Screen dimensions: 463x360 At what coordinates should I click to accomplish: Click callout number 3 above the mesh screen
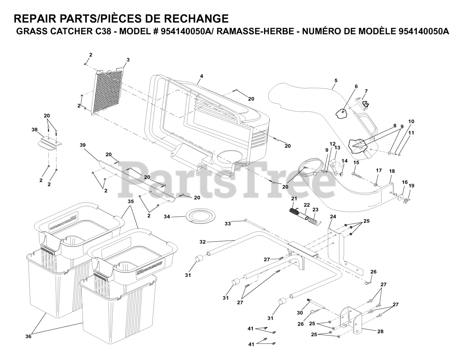tap(128, 60)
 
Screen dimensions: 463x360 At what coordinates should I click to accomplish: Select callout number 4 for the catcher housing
tap(201, 76)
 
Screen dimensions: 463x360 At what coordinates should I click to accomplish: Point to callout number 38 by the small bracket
tap(34, 129)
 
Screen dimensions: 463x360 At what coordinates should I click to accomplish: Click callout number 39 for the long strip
tap(83, 145)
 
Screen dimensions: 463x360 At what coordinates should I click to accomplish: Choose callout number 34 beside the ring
tap(166, 217)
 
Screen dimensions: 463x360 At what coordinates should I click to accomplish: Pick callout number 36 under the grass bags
tap(28, 336)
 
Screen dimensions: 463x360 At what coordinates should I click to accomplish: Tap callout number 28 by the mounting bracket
tap(380, 331)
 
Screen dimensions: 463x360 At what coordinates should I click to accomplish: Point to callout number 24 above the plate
tap(333, 216)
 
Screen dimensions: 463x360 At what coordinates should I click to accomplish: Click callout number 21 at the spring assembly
tap(294, 198)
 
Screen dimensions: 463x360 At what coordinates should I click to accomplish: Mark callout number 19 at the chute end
tap(411, 186)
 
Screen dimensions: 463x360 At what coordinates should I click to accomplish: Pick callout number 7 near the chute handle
tap(366, 91)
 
